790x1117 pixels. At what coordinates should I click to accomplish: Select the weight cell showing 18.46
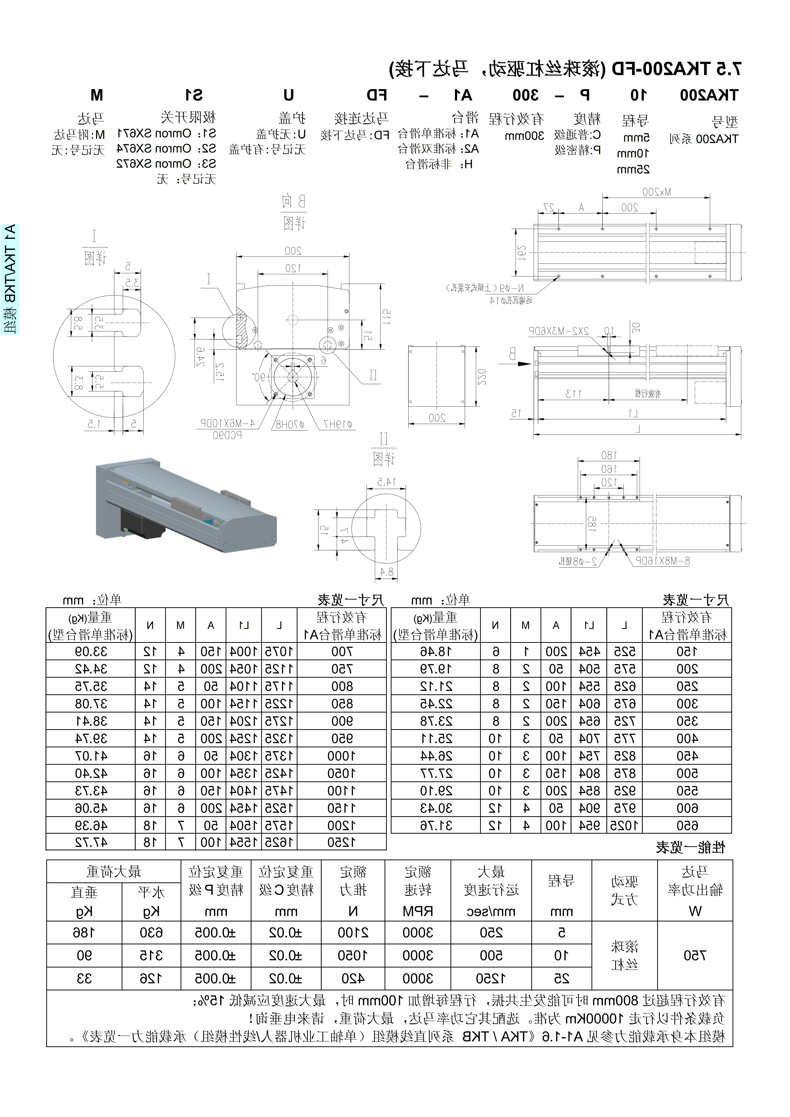click(x=436, y=652)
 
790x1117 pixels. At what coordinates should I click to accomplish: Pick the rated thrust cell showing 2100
click(x=353, y=933)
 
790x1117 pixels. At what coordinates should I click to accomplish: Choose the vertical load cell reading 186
click(x=84, y=933)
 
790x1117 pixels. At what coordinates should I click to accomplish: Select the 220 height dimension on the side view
click(x=482, y=378)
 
